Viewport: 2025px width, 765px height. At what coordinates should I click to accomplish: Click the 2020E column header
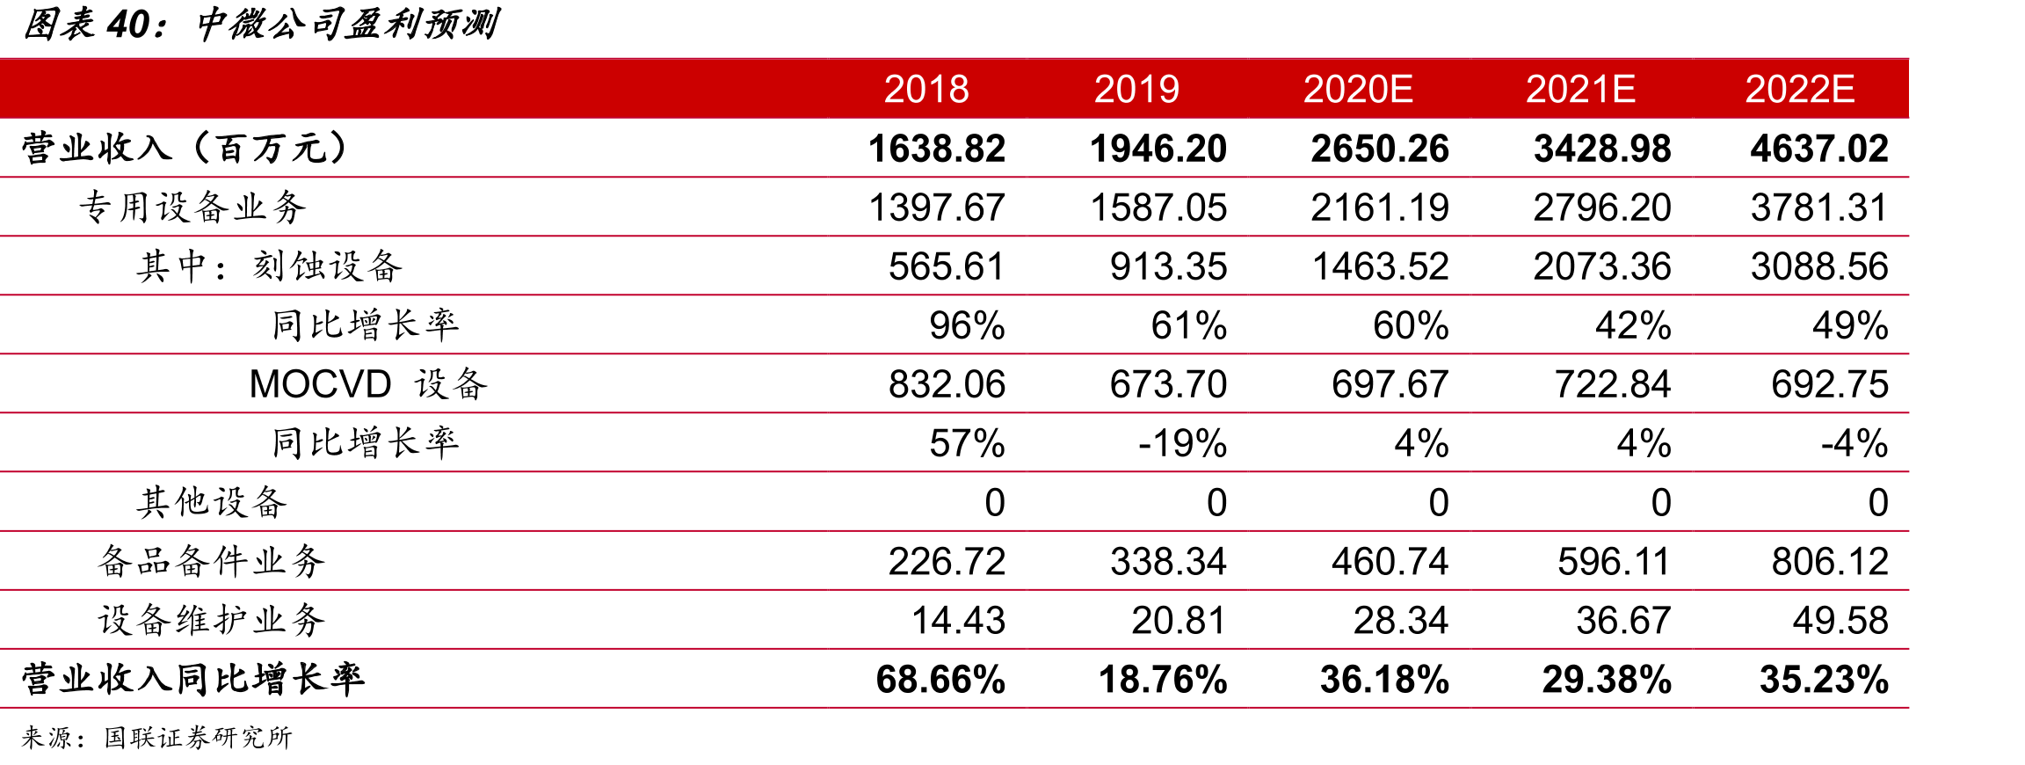coord(1358,89)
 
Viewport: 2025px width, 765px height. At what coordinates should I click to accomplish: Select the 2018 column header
coord(926,89)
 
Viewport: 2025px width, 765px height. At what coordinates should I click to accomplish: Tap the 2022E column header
coord(1800,89)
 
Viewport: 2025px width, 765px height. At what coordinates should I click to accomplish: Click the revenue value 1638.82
coord(937,148)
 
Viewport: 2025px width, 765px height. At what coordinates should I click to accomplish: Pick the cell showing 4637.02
coord(1819,148)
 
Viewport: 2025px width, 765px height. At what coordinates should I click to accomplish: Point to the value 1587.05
coord(1158,208)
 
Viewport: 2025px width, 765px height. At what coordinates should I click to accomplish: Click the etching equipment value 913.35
coord(1168,266)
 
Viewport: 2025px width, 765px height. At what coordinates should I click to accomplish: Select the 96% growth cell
coord(967,325)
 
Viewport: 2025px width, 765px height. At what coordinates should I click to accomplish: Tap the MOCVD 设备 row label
coord(368,384)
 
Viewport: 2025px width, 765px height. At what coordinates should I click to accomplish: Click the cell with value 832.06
coord(947,384)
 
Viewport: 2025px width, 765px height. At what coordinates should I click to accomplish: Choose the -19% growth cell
coord(1182,443)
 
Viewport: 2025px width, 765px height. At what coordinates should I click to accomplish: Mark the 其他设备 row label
coord(212,502)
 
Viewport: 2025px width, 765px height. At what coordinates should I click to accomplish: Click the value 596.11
coord(1614,561)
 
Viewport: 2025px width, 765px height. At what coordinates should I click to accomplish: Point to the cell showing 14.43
coord(958,620)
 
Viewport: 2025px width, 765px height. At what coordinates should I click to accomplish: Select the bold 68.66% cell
coord(940,679)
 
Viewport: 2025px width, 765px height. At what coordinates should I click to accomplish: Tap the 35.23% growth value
coord(1824,679)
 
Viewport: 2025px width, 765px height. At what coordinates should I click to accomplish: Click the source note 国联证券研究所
coord(198,737)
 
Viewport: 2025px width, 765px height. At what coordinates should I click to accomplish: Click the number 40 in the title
coord(129,25)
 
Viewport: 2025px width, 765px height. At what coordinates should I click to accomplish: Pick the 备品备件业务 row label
coord(212,561)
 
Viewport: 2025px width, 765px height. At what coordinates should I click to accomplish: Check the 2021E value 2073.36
coord(1602,266)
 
